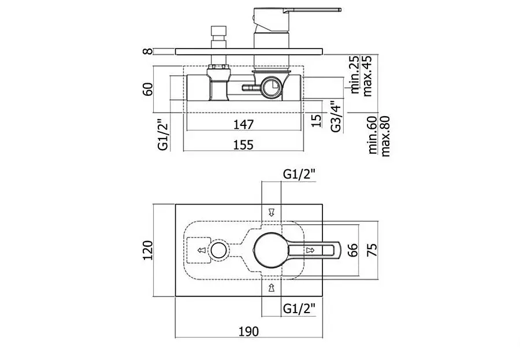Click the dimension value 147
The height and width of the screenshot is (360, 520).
point(243,124)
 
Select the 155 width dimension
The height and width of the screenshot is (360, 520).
point(243,145)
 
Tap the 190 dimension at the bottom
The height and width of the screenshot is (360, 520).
point(248,332)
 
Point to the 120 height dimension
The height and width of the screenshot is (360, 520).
point(147,250)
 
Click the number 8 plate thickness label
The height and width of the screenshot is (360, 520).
point(148,51)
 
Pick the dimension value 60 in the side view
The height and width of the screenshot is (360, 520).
point(148,89)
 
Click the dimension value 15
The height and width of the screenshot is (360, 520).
point(317,120)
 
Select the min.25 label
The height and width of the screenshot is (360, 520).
point(355,75)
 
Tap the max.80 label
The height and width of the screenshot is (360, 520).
point(385,136)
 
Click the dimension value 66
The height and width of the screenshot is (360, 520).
point(354,250)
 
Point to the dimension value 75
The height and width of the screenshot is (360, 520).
point(373,250)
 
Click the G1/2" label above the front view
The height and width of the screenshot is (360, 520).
point(299,174)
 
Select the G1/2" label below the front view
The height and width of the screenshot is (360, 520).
point(299,309)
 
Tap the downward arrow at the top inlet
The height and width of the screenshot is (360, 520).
point(272,212)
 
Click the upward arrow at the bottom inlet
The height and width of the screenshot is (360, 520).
point(272,288)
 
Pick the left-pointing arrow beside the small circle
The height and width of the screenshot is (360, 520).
point(202,250)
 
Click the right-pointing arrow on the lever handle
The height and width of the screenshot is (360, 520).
point(310,250)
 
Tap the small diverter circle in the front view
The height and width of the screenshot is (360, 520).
point(218,250)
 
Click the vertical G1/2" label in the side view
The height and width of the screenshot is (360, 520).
point(164,136)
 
